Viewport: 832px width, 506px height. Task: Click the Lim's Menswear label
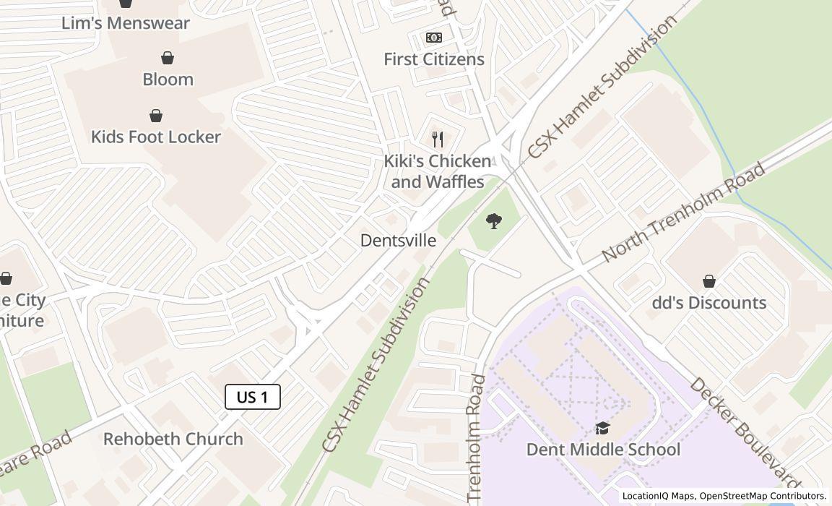tap(126, 23)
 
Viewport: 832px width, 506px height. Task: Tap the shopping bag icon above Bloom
tap(168, 58)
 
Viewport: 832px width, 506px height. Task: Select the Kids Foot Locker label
tap(156, 137)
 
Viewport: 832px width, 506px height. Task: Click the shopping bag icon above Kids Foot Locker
tap(156, 116)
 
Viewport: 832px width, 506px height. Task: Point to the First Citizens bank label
tap(434, 59)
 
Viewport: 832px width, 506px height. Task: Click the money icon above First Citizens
tap(434, 38)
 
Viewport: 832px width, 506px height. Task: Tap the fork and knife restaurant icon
tap(438, 139)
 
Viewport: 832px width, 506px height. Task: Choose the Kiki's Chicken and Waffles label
tap(438, 171)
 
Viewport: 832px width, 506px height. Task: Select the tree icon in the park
tap(494, 221)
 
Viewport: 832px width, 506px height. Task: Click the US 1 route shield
tap(253, 397)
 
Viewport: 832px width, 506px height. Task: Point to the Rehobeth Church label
tap(173, 439)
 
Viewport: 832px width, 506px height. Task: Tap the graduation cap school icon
tap(602, 429)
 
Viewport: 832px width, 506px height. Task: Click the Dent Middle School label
tap(603, 450)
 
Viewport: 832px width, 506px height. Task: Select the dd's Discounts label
tap(709, 303)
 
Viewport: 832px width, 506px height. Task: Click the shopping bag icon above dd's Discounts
tap(709, 281)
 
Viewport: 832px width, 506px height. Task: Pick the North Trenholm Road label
tap(683, 213)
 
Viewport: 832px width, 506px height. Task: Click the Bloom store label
tap(168, 80)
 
